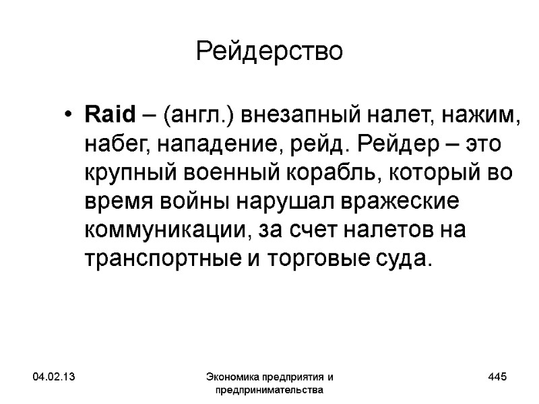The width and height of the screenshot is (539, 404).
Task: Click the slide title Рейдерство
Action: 269,51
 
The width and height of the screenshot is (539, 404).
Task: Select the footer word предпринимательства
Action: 269,390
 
